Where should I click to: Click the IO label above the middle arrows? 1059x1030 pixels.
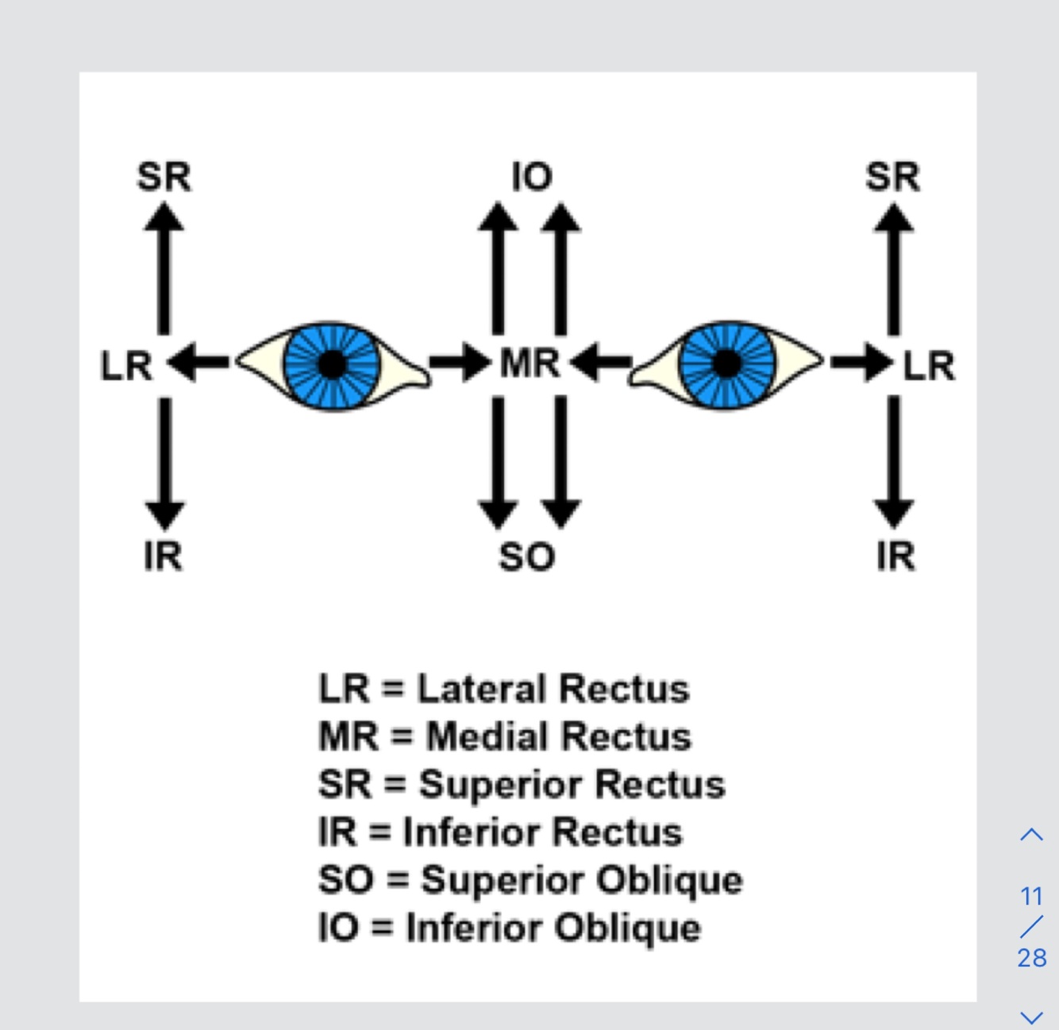point(532,177)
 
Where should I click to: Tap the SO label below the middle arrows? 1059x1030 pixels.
point(526,557)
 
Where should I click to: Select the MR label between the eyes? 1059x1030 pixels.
point(529,364)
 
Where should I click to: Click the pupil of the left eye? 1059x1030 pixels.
point(333,364)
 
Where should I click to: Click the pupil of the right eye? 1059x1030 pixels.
point(726,364)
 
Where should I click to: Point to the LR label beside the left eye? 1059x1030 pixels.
point(126,367)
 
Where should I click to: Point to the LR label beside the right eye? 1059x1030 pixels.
point(930,367)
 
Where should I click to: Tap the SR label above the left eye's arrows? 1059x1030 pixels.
point(164,177)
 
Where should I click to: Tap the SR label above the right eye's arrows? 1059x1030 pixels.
point(893,177)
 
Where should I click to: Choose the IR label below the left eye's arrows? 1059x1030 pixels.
point(164,556)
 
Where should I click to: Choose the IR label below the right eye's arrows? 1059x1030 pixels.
point(895,556)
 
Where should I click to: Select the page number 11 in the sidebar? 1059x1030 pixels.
point(1031,897)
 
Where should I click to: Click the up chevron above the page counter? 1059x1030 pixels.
point(1031,835)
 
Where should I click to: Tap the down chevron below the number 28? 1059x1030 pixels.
point(1031,1017)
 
